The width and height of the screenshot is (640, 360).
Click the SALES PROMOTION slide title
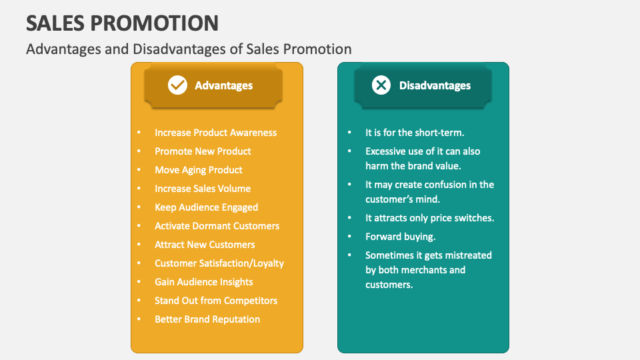123,23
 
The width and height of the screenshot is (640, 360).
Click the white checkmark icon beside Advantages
177,85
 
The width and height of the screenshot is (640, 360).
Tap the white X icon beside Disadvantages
381,85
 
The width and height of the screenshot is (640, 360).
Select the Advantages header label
224,85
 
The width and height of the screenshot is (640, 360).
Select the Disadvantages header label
435,85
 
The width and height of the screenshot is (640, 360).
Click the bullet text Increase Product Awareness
215,133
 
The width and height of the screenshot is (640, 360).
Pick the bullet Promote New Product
203,151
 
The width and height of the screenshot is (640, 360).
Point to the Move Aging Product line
199,170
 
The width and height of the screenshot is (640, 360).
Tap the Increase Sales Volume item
203,189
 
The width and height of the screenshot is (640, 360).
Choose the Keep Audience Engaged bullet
206,207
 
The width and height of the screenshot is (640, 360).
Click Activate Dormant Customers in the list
217,226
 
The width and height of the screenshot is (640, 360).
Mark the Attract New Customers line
205,245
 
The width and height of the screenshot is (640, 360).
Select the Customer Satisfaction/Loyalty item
219,263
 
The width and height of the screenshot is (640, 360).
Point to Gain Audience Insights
204,282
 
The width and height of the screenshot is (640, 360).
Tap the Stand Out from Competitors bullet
216,301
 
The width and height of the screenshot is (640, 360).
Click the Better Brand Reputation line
207,319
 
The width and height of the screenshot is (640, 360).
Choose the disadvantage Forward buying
401,237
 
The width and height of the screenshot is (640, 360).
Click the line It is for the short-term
415,133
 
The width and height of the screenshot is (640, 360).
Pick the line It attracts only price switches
430,218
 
